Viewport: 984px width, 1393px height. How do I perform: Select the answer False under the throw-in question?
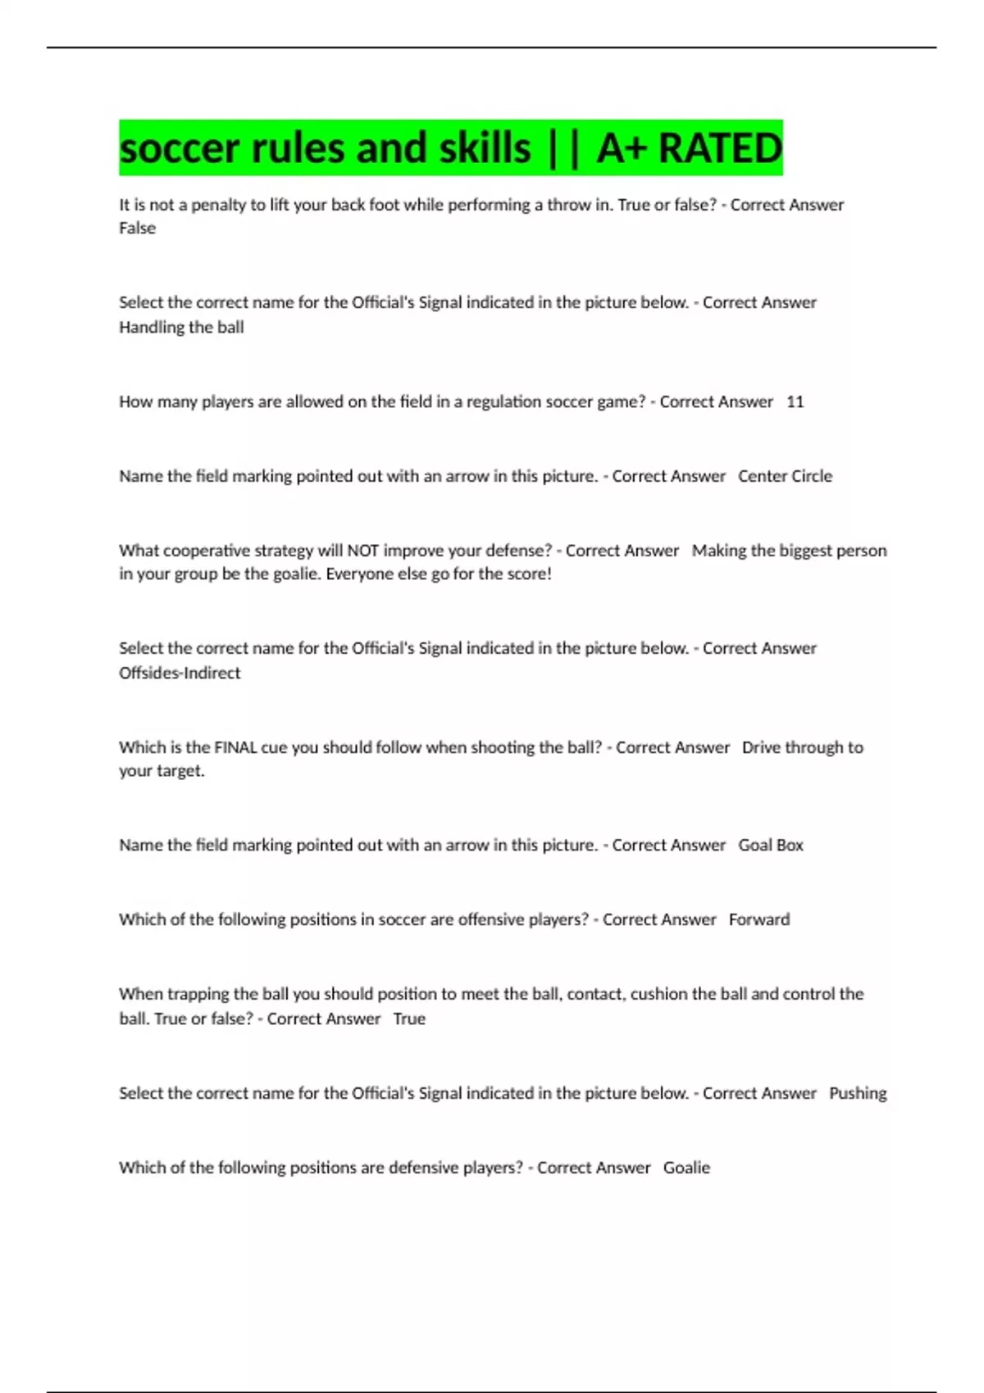(x=137, y=229)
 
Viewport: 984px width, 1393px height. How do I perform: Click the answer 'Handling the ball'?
(x=181, y=327)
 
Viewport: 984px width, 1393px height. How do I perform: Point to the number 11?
(x=795, y=402)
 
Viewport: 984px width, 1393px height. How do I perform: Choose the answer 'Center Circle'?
(x=785, y=476)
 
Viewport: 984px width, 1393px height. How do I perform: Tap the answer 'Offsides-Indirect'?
(x=180, y=673)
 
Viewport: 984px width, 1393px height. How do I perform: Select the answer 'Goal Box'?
(x=770, y=845)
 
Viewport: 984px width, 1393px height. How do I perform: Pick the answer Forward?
(x=759, y=919)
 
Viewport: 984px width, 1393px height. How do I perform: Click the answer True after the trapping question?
(x=409, y=1019)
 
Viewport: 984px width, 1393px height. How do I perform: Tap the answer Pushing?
(x=858, y=1093)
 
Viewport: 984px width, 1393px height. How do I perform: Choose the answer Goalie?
(x=686, y=1168)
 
